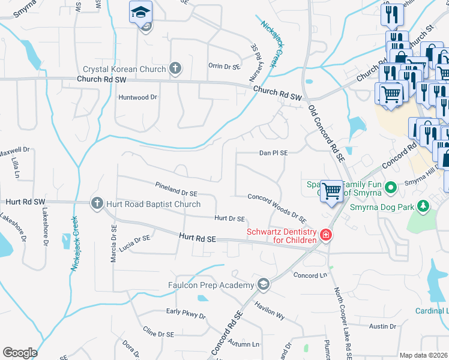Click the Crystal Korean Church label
124,69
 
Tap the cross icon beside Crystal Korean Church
175,68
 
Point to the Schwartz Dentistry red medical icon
325,235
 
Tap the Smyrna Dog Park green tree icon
424,207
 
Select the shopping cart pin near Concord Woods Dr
331,191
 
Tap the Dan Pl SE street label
274,153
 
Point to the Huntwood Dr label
137,97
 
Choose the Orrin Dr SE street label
224,66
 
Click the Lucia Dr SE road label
134,242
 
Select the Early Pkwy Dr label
186,314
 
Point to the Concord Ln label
309,275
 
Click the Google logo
20,353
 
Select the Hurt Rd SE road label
197,238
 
